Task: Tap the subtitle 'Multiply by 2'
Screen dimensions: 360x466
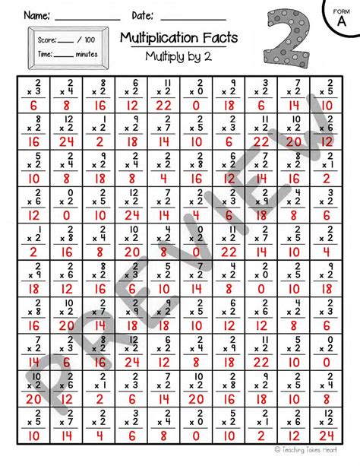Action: tap(180, 55)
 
